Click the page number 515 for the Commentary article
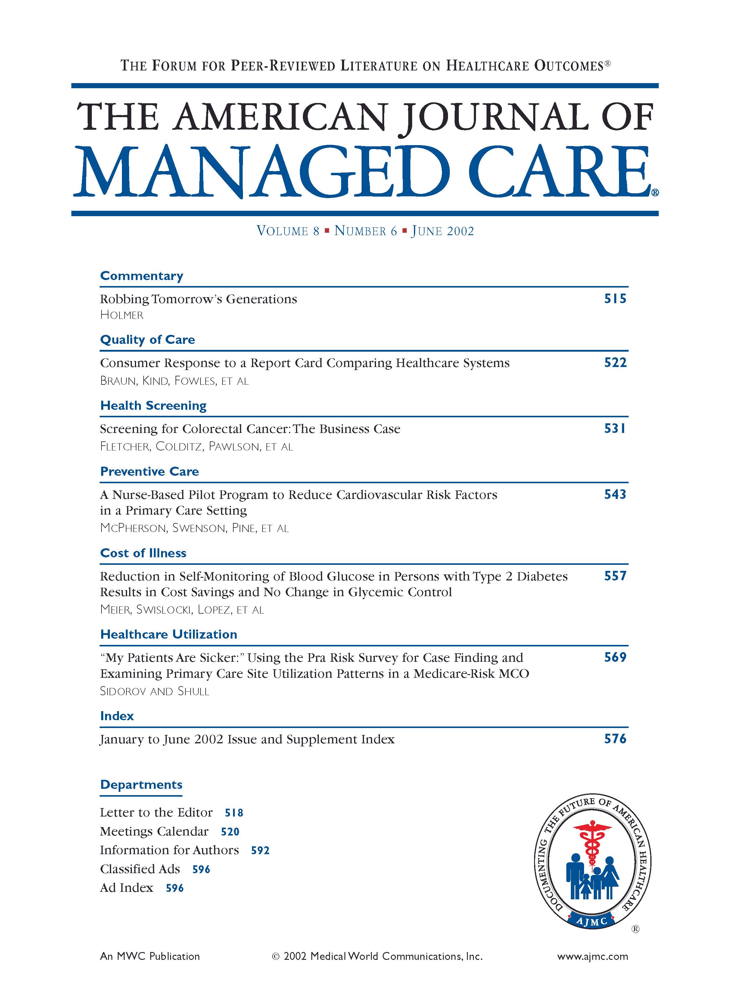click(x=615, y=299)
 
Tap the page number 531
click(x=615, y=428)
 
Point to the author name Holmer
click(x=122, y=315)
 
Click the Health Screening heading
click(x=153, y=405)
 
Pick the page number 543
click(x=615, y=494)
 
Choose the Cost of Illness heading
click(x=143, y=553)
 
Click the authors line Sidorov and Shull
click(x=155, y=691)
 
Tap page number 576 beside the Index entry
click(x=615, y=739)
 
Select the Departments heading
click(x=141, y=784)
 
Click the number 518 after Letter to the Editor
click(x=234, y=813)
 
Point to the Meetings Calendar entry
click(x=154, y=831)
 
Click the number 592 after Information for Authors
click(x=260, y=850)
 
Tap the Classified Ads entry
click(x=140, y=869)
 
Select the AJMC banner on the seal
click(x=592, y=921)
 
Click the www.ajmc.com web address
click(x=592, y=957)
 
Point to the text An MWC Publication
click(x=150, y=957)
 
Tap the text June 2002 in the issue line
click(x=443, y=231)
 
